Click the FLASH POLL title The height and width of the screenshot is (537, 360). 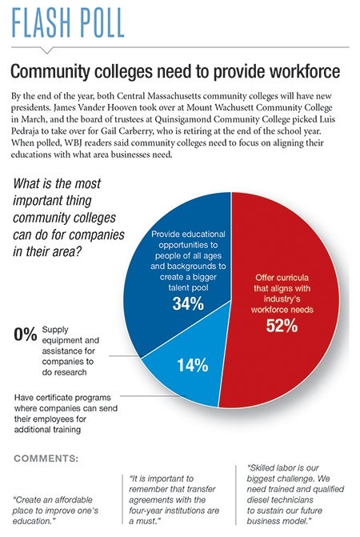(x=68, y=22)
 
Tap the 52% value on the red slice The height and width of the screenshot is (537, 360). (x=282, y=326)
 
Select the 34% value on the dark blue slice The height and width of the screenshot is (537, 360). (x=188, y=303)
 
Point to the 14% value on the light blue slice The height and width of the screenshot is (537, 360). (x=192, y=365)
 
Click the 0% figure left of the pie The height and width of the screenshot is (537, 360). (x=26, y=334)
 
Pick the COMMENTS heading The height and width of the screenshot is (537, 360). (x=46, y=459)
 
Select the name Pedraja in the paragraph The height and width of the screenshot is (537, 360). (x=24, y=130)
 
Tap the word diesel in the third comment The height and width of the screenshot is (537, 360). (x=258, y=499)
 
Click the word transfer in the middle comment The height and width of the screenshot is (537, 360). (x=202, y=489)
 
